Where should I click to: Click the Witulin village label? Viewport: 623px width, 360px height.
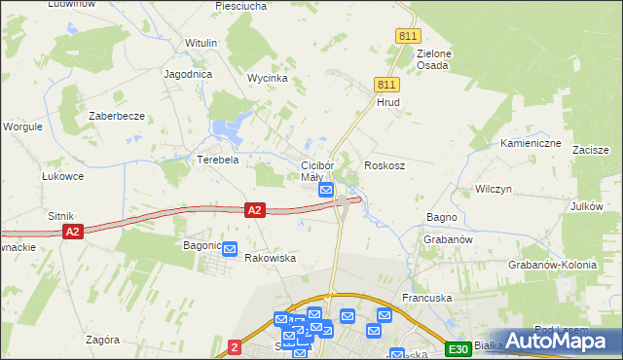click(x=201, y=44)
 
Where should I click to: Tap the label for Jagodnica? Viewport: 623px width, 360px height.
click(x=189, y=74)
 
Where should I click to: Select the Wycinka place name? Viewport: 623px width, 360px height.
click(x=267, y=78)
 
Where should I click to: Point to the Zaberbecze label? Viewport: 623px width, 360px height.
click(x=117, y=116)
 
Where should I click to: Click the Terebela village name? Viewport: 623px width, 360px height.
click(x=218, y=160)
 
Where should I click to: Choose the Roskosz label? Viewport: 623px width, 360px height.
click(x=385, y=166)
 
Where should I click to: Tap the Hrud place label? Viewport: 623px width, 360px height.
click(x=388, y=102)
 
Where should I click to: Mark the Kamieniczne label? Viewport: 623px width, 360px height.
click(x=531, y=143)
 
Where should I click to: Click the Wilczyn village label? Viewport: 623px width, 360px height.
click(x=493, y=189)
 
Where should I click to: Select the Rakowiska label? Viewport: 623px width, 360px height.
click(x=270, y=259)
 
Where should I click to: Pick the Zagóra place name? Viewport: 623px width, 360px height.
click(x=102, y=341)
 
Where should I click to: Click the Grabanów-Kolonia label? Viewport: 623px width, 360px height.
click(x=551, y=265)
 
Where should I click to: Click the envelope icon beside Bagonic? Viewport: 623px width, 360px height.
click(x=230, y=249)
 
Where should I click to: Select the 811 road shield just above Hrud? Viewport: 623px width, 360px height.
click(x=385, y=86)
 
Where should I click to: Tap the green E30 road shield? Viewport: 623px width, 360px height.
click(x=458, y=349)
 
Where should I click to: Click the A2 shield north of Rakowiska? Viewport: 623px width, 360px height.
click(x=254, y=209)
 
